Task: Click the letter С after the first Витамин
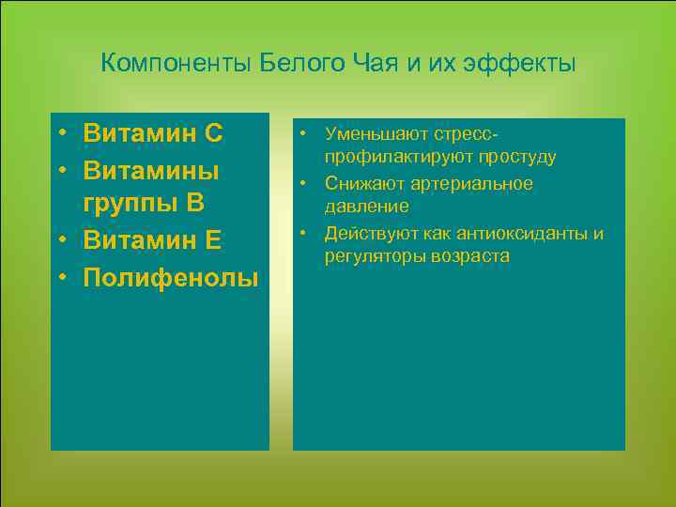(x=212, y=133)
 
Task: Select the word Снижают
(x=363, y=184)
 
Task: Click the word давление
(x=366, y=206)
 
